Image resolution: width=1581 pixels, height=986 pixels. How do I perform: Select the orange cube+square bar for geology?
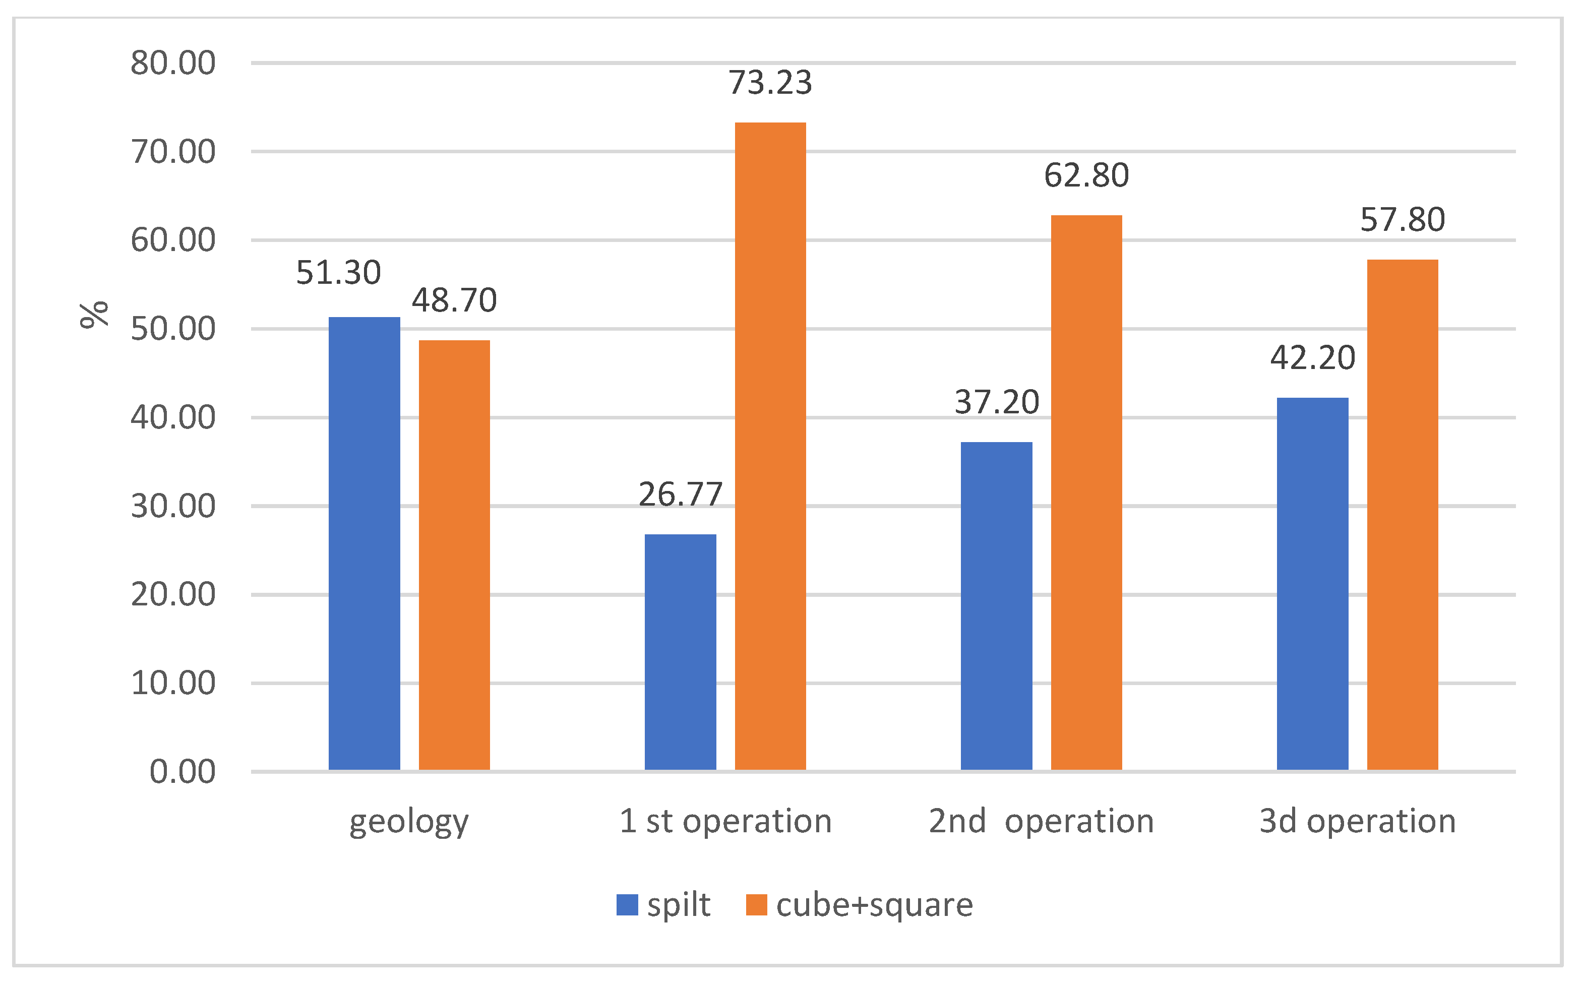[x=454, y=555]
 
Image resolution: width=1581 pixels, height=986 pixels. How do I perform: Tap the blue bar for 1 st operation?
[x=680, y=652]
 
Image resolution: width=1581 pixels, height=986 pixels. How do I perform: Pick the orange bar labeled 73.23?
[x=770, y=446]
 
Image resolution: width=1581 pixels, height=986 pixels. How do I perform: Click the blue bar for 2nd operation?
[x=996, y=606]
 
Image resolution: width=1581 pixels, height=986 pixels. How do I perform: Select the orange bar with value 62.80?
[x=1086, y=492]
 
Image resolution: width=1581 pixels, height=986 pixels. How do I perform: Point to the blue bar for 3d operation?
[x=1312, y=584]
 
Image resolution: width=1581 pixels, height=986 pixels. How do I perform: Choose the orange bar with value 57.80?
[x=1403, y=515]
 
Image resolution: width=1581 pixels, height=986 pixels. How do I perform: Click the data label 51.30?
[x=338, y=273]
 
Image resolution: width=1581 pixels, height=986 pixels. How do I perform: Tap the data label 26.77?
[x=680, y=495]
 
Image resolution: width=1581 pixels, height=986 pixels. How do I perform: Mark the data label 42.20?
[x=1312, y=358]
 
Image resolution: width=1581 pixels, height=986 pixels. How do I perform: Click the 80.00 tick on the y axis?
[x=173, y=63]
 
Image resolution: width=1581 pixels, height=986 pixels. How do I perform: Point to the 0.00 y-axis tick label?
[x=182, y=772]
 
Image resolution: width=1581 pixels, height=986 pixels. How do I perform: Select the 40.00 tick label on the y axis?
[x=173, y=417]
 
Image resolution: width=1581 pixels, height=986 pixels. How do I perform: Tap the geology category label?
[x=409, y=822]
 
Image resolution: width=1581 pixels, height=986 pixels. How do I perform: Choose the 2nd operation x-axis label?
[x=1041, y=821]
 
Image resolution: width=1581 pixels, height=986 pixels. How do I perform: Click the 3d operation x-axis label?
[x=1357, y=821]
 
